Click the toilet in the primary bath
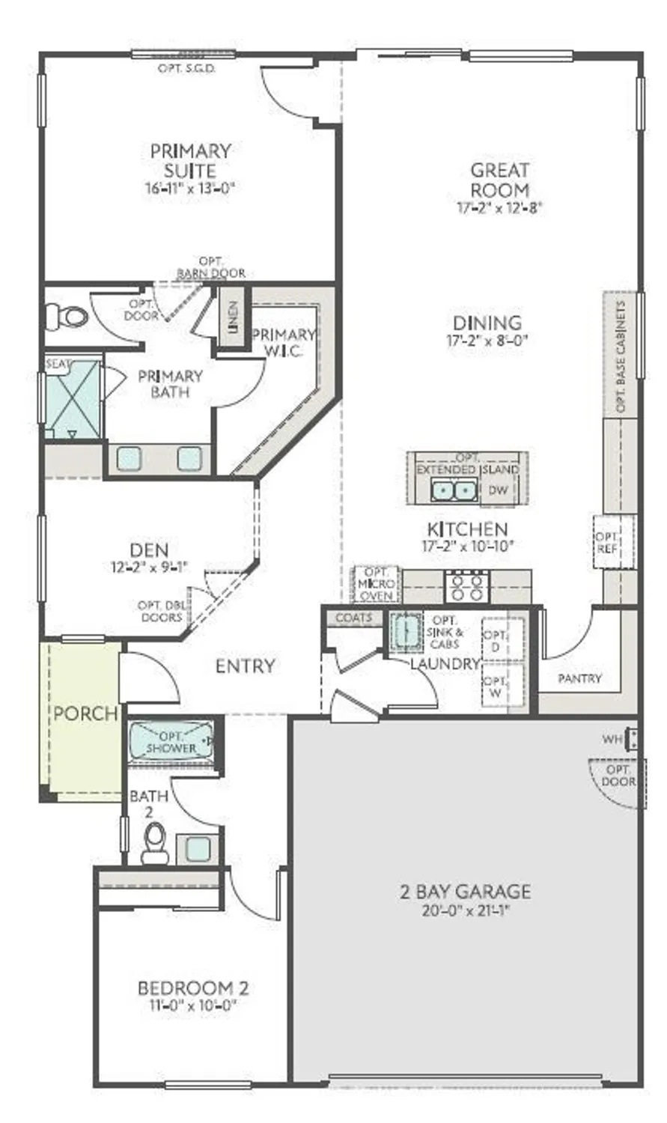67,316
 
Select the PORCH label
85,713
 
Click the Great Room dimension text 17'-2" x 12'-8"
499,208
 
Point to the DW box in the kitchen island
498,490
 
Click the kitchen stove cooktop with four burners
467,586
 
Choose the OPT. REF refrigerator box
607,542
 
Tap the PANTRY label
579,678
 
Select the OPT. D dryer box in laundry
495,641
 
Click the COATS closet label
353,618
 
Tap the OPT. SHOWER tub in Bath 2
171,740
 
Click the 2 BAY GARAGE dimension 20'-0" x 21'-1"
465,911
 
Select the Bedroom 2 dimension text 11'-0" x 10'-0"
193,1006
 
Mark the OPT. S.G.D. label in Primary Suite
187,68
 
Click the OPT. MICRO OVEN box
376,584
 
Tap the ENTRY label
245,666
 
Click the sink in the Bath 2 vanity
198,848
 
